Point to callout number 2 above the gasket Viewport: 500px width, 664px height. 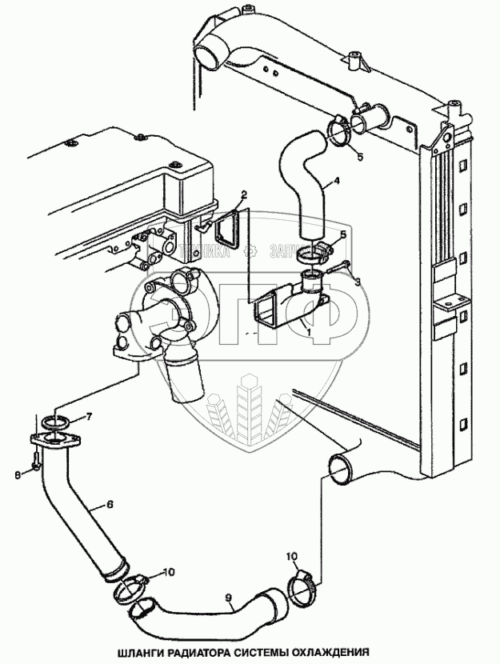tap(243, 195)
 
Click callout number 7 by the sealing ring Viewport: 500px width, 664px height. tap(89, 416)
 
